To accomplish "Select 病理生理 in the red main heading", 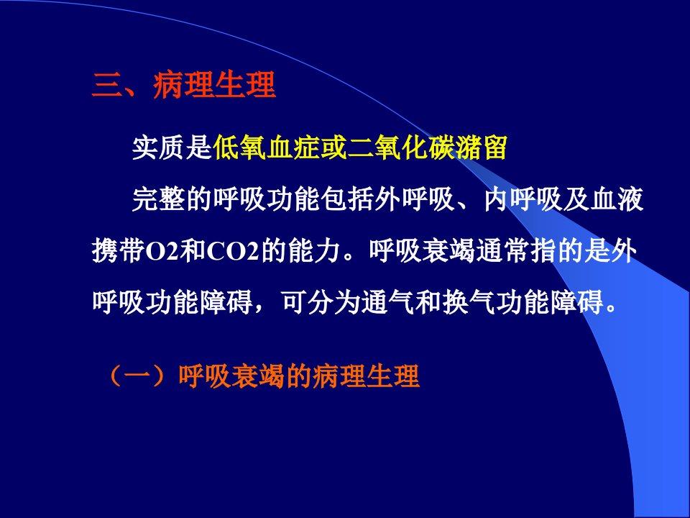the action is click(214, 85).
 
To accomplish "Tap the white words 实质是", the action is click(172, 147).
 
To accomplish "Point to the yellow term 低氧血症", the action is click(266, 147).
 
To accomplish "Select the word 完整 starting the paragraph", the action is click(159, 199).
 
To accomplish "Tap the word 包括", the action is click(347, 199).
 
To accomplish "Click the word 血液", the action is click(617, 199).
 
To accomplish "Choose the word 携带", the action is click(119, 251).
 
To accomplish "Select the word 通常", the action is click(502, 251).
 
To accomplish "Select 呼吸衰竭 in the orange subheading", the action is click(232, 376).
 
